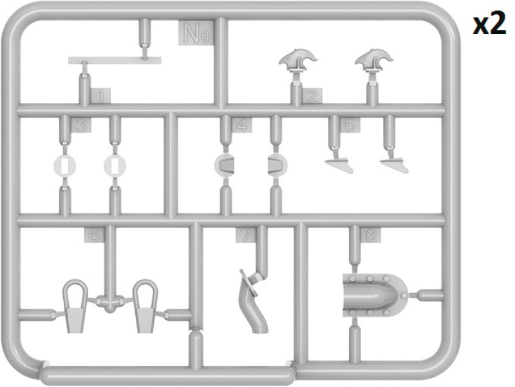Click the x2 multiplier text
coord(489,22)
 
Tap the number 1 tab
coord(100,96)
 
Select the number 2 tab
coord(312,96)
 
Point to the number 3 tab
coord(81,125)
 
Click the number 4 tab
coord(242,125)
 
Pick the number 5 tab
coord(350,125)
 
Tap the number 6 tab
coord(94,235)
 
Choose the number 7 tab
coord(245,235)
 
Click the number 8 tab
coord(371,235)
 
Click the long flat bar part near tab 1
coord(115,60)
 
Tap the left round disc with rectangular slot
coord(64,166)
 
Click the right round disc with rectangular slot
coord(115,166)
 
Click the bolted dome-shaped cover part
coord(375,295)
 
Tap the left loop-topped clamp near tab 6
coord(75,306)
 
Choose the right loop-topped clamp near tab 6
coord(145,306)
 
